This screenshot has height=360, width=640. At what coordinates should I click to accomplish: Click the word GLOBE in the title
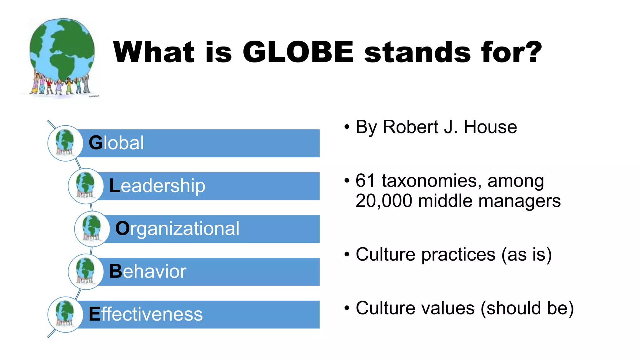coord(298,52)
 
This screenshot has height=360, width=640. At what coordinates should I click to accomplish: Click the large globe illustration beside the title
coord(62,56)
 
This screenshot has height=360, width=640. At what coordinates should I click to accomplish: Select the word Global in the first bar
coord(116,143)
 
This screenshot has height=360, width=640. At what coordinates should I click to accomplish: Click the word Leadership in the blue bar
coord(157,186)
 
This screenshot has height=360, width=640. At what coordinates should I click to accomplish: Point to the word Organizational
coord(177,228)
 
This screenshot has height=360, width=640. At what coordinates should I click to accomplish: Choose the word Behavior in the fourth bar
coord(147,271)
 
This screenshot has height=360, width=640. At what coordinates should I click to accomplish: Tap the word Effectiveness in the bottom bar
coord(146,314)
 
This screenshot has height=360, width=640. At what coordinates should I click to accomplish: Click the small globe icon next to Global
coord(65,143)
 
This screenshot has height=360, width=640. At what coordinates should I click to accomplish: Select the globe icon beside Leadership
coord(85,186)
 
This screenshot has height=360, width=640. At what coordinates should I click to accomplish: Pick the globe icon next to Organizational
coord(92,229)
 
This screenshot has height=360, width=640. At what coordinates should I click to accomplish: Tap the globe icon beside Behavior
coord(85,272)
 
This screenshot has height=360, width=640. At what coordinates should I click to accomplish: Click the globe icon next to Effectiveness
coord(65,314)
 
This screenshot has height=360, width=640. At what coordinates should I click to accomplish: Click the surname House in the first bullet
coord(490,127)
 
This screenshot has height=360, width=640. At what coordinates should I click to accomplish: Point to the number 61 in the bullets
coord(365,181)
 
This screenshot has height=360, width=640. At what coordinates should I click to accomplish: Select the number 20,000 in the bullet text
coord(383,201)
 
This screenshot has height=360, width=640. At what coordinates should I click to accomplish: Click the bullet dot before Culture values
coord(347,308)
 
